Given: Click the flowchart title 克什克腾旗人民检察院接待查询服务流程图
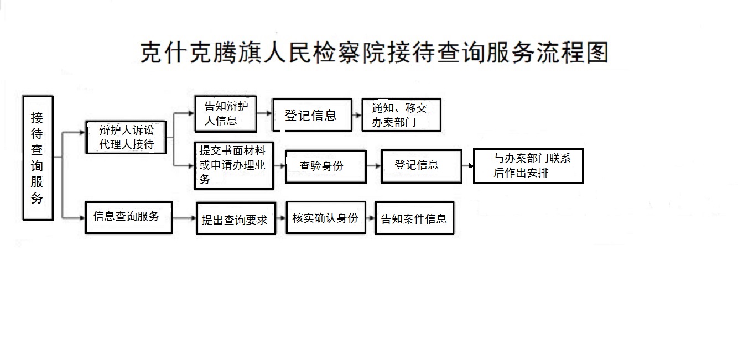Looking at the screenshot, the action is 374,53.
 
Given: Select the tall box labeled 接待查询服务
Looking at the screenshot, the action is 38,158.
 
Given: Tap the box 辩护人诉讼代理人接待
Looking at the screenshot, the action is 126,137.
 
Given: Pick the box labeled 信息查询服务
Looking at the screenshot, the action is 128,217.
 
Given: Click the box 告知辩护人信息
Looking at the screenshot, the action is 226,113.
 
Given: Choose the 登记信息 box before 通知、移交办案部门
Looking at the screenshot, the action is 312,115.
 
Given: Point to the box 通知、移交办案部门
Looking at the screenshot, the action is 401,115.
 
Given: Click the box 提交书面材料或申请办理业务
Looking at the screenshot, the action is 234,165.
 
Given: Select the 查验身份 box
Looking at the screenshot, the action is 325,166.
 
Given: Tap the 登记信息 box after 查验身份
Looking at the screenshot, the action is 422,166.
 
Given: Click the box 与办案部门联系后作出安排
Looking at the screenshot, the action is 528,166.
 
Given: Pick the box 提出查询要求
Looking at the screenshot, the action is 236,218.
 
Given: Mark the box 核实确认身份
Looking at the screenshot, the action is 326,217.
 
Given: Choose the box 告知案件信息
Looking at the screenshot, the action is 414,218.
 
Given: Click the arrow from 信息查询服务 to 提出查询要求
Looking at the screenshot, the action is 184,218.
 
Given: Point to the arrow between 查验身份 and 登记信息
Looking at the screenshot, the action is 373,166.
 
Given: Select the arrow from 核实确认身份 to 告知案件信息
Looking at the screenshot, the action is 371,218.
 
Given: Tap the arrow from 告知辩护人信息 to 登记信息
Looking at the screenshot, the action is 264,113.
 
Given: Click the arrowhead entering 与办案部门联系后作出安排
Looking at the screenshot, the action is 470,165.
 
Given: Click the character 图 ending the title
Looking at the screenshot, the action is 597,53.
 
